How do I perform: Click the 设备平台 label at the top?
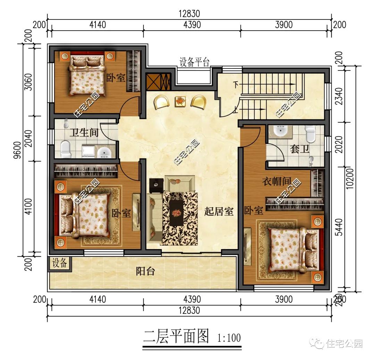[x=194, y=62]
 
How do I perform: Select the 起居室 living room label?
[x=218, y=211]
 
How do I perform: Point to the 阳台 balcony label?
[x=145, y=271]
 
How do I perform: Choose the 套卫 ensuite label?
[x=299, y=149]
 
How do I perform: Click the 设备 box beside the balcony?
[x=59, y=263]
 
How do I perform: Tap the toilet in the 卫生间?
[x=65, y=149]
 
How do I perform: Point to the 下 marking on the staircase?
[x=236, y=84]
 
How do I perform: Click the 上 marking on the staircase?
[x=236, y=111]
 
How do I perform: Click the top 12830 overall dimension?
[x=189, y=14]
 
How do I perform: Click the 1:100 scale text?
[x=229, y=337]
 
